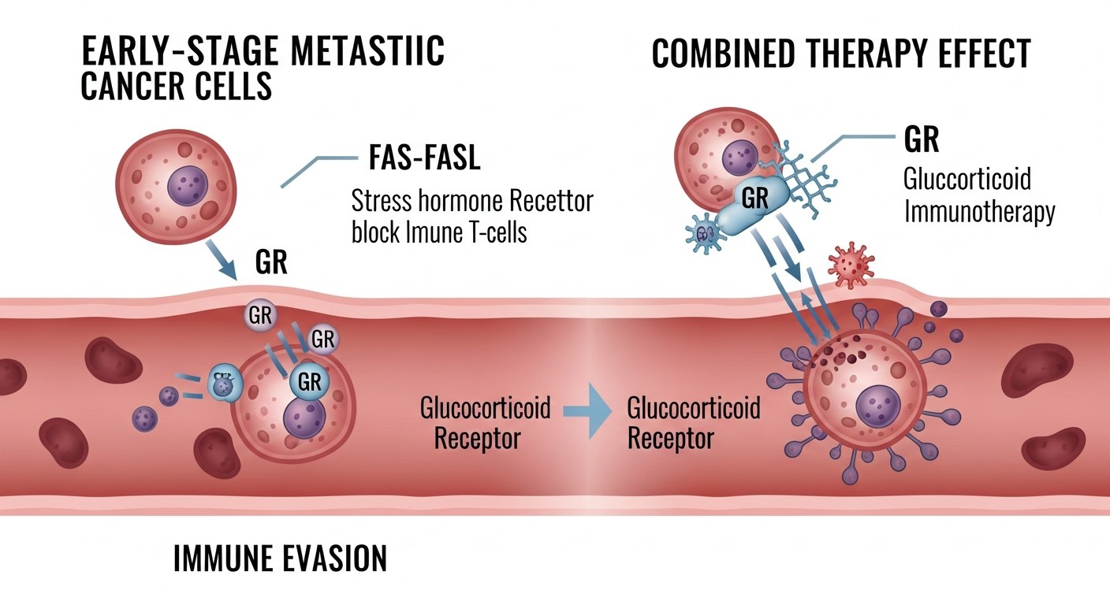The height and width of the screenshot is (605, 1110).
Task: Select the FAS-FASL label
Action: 424,159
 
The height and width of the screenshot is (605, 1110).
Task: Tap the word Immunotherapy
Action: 979,212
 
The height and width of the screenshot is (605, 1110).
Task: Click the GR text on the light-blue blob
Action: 754,198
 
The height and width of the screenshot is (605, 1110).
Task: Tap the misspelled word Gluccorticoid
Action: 967,179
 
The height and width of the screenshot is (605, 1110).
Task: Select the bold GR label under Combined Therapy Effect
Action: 922,140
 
